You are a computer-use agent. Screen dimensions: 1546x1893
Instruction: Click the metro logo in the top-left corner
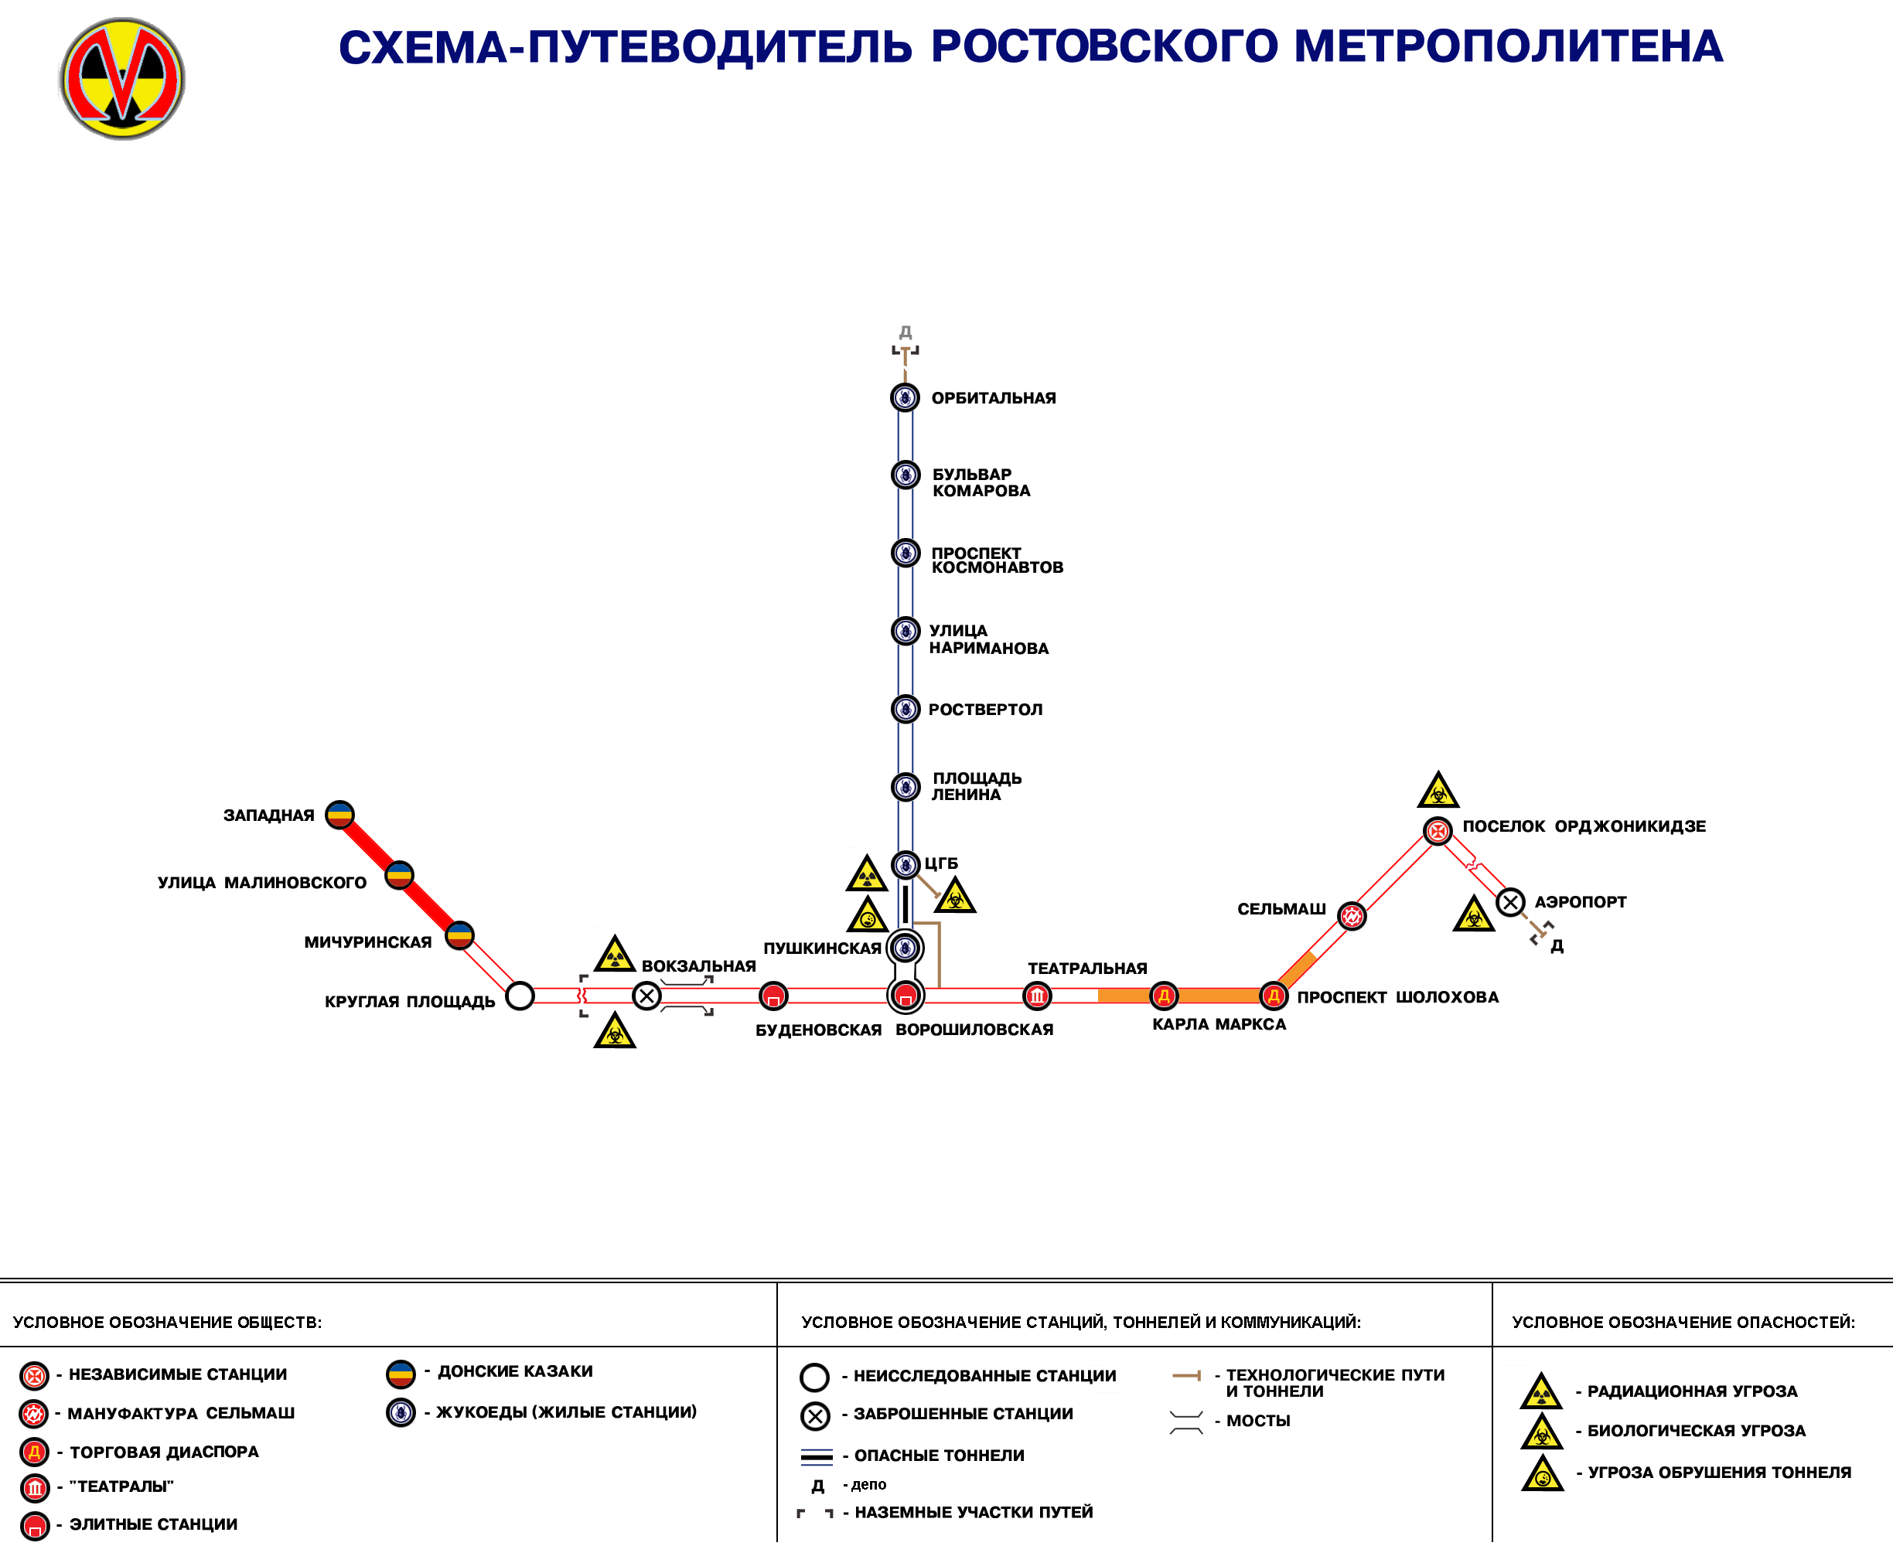[x=122, y=78]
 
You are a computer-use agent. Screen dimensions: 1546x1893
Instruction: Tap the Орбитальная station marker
[x=905, y=397]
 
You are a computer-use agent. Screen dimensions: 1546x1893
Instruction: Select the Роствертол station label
[x=985, y=710]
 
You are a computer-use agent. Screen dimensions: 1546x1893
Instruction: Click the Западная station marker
[x=339, y=814]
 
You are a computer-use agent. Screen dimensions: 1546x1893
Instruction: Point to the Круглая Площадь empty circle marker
[x=520, y=996]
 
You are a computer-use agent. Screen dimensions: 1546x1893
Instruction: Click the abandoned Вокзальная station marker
[x=646, y=996]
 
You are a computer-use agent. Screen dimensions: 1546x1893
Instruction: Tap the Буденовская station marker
[x=773, y=996]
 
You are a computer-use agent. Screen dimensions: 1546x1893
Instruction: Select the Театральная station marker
[x=1037, y=996]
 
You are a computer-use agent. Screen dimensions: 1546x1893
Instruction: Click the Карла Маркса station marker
[x=1164, y=996]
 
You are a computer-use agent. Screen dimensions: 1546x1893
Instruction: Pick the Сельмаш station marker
[x=1352, y=915]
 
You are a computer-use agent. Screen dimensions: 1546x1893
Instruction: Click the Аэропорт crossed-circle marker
[x=1510, y=902]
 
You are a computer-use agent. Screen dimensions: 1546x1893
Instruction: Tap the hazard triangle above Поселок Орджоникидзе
[x=1438, y=791]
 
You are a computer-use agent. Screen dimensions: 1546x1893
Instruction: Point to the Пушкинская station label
[x=821, y=948]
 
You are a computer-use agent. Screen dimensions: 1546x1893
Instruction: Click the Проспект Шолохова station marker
[x=1274, y=996]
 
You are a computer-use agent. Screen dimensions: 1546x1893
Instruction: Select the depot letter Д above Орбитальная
[x=905, y=332]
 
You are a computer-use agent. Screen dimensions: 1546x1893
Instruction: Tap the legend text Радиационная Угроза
[x=1692, y=1391]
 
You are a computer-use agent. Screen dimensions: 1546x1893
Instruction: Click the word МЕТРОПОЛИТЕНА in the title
[x=1507, y=46]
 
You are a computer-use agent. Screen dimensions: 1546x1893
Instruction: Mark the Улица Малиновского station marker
[x=399, y=875]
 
